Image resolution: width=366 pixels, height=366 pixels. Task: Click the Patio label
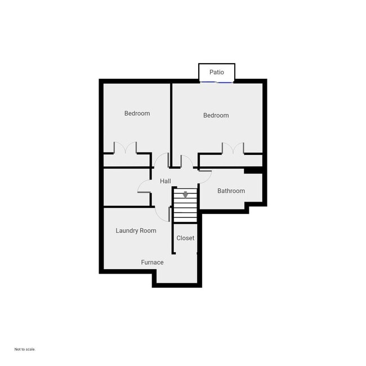pyautogui.click(x=217, y=72)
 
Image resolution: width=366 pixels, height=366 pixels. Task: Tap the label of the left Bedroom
pyautogui.click(x=137, y=113)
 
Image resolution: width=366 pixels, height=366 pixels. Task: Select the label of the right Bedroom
pyautogui.click(x=216, y=115)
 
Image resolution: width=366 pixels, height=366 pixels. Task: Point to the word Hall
pyautogui.click(x=166, y=181)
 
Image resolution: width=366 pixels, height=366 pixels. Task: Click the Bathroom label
pyautogui.click(x=231, y=191)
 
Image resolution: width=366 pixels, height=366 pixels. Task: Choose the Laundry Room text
pyautogui.click(x=136, y=230)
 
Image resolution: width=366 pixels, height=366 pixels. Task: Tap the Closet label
pyautogui.click(x=185, y=238)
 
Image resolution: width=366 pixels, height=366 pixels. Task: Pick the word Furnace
pyautogui.click(x=152, y=262)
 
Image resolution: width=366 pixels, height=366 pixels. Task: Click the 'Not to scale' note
pyautogui.click(x=25, y=349)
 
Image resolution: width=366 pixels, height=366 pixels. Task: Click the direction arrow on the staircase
pyautogui.click(x=185, y=195)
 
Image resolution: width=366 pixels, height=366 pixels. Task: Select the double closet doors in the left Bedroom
pyautogui.click(x=125, y=148)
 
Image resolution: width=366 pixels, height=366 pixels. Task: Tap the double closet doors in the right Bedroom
pyautogui.click(x=233, y=148)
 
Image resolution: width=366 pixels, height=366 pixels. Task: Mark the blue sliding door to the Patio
pyautogui.click(x=217, y=82)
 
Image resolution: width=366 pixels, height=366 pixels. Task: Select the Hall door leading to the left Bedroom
pyautogui.click(x=162, y=160)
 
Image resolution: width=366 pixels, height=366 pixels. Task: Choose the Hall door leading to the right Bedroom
pyautogui.click(x=186, y=161)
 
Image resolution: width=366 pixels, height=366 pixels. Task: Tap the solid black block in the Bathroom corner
pyautogui.click(x=253, y=170)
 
